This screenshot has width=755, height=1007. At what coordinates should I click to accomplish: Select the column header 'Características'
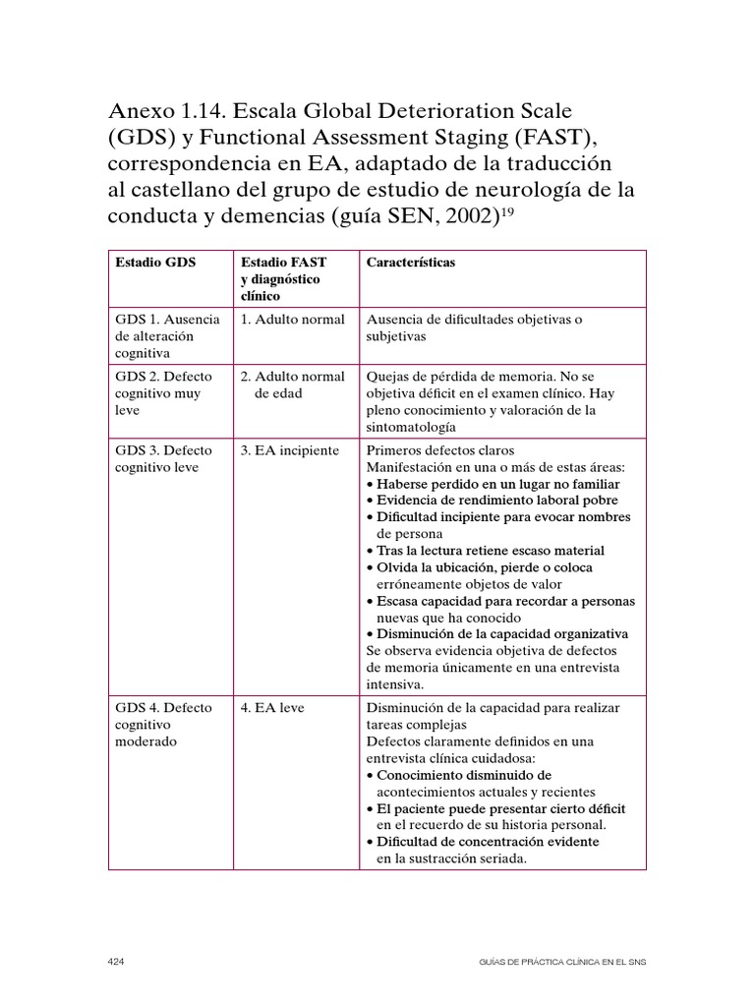point(410,264)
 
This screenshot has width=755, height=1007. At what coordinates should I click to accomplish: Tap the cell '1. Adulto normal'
point(292,320)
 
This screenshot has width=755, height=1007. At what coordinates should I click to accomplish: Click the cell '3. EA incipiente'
point(289,450)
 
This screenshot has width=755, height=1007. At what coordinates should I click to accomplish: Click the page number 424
point(116,960)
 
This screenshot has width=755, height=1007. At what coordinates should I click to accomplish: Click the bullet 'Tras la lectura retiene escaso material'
point(489,551)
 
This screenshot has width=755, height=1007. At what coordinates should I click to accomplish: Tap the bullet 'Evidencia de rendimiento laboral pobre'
point(494,501)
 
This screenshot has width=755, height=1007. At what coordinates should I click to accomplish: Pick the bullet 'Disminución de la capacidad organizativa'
point(499,634)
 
